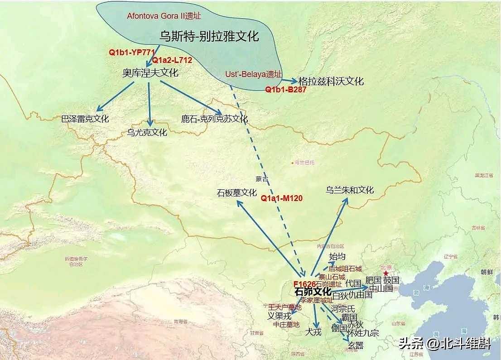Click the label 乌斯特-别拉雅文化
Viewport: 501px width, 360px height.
pos(209,36)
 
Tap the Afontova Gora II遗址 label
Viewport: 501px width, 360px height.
pos(164,16)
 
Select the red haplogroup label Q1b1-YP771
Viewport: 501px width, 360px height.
pos(129,52)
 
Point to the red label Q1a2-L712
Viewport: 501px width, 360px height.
pos(172,60)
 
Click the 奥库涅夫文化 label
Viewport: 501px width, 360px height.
pos(150,73)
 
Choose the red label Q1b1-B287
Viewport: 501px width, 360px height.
pos(286,90)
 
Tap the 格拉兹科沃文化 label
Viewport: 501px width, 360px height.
pos(331,82)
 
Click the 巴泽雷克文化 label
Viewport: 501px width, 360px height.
pos(85,119)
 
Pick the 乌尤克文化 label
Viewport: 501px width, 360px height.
pos(147,133)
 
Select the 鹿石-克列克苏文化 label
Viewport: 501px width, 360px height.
pos(214,119)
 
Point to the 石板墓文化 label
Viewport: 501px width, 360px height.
pos(237,193)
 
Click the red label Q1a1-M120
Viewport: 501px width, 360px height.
pos(282,198)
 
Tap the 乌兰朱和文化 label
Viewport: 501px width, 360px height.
pos(350,190)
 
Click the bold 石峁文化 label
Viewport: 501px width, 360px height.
pos(313,292)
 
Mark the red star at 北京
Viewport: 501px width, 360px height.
pos(385,273)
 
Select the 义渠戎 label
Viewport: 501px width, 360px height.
pos(279,316)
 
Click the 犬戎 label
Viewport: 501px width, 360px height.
pos(313,332)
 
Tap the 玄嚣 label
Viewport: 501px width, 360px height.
pos(356,346)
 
